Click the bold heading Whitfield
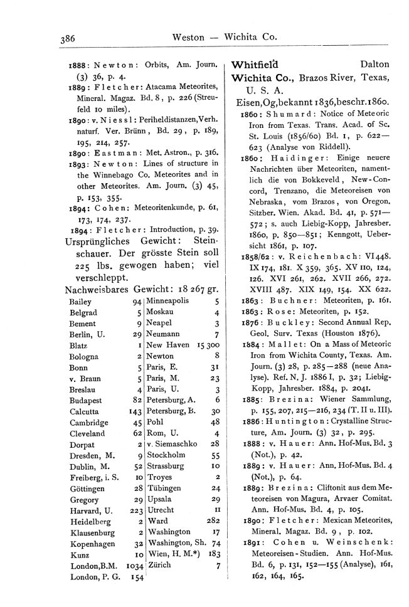(255, 64)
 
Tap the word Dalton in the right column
(375, 65)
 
